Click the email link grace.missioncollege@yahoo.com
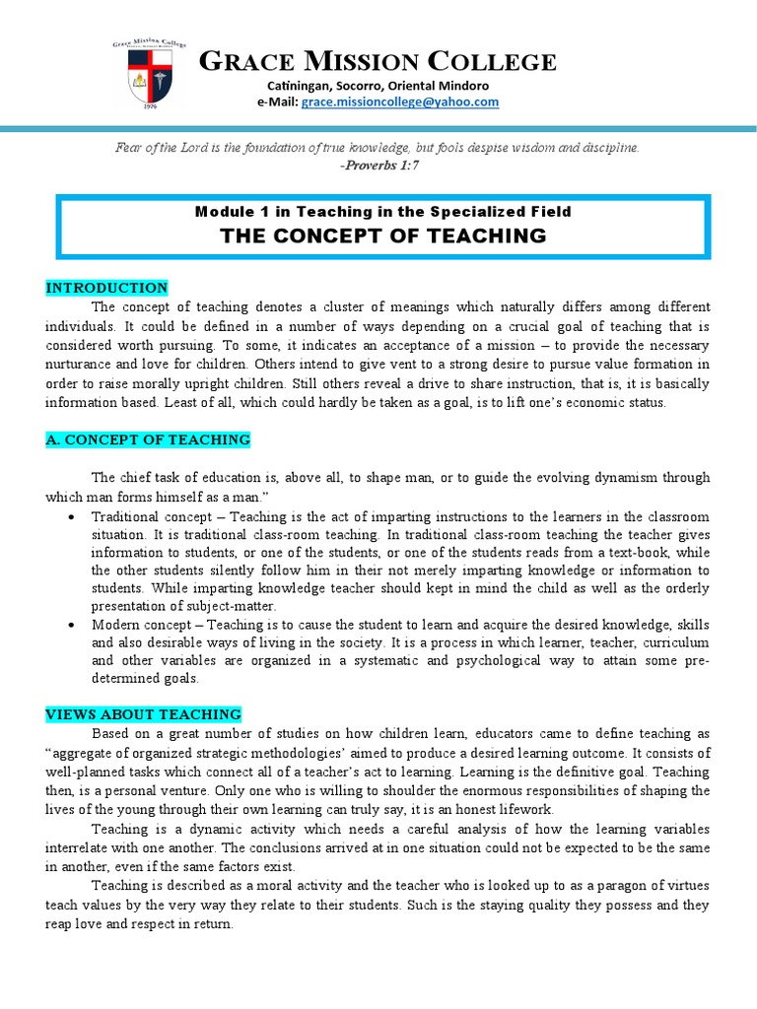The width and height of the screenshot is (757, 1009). pyautogui.click(x=400, y=102)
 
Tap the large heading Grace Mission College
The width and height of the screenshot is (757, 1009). pyautogui.click(x=378, y=62)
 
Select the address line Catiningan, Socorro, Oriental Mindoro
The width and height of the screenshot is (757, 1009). pyautogui.click(x=378, y=86)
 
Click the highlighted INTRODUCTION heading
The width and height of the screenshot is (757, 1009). pyautogui.click(x=106, y=288)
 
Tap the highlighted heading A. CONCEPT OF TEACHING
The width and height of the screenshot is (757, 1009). pyautogui.click(x=148, y=439)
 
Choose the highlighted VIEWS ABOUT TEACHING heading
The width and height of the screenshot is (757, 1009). pyautogui.click(x=144, y=714)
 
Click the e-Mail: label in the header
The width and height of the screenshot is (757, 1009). pyautogui.click(x=278, y=102)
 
